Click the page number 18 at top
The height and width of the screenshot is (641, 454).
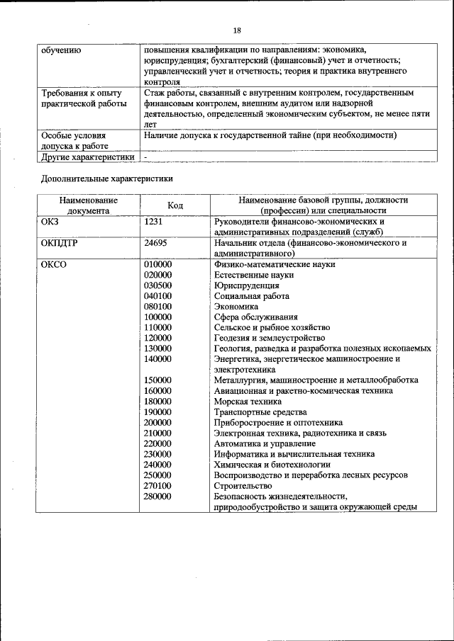click(x=237, y=30)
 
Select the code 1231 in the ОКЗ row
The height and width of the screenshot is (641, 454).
click(x=154, y=222)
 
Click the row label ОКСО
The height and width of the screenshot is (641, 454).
click(x=54, y=264)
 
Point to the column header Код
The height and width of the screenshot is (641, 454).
click(x=175, y=205)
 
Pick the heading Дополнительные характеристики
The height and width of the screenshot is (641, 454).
click(x=106, y=179)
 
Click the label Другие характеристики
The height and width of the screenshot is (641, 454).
click(x=87, y=157)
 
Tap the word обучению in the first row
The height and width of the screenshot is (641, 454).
click(x=61, y=50)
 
